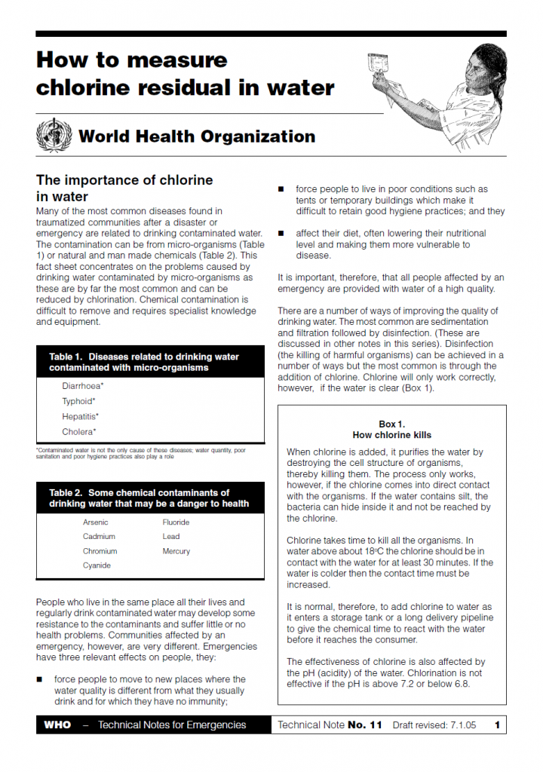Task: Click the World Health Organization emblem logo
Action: (54, 136)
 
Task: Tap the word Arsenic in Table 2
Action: (96, 522)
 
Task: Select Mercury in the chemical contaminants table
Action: (176, 551)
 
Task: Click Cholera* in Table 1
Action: (79, 432)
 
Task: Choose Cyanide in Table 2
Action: (97, 565)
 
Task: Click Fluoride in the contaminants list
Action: (176, 522)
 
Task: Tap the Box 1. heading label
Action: (391, 424)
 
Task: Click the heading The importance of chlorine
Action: (124, 180)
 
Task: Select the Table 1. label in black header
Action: (66, 357)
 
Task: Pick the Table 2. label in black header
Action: (66, 493)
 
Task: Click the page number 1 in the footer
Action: (498, 725)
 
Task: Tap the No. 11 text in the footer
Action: (365, 725)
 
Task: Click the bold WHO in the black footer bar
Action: (57, 725)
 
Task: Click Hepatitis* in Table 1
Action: (80, 416)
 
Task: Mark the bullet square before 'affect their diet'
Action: (281, 234)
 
